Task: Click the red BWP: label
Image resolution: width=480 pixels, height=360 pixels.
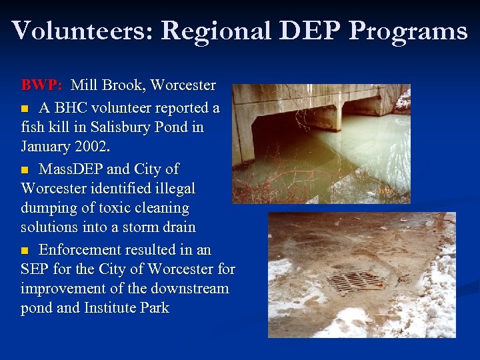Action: click(x=42, y=85)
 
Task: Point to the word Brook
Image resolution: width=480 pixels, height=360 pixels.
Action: click(x=123, y=85)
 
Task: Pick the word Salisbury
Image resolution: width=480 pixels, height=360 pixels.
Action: click(x=110, y=127)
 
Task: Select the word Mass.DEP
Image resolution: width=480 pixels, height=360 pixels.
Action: click(x=71, y=168)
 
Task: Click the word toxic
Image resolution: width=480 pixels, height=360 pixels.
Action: click(x=121, y=209)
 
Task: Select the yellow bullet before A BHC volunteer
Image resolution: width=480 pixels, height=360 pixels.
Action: click(x=26, y=107)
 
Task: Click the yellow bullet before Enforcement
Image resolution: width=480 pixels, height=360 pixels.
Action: click(x=26, y=251)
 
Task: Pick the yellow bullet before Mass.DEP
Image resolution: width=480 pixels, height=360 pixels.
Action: click(x=26, y=169)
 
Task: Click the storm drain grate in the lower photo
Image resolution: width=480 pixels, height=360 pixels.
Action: click(x=357, y=281)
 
